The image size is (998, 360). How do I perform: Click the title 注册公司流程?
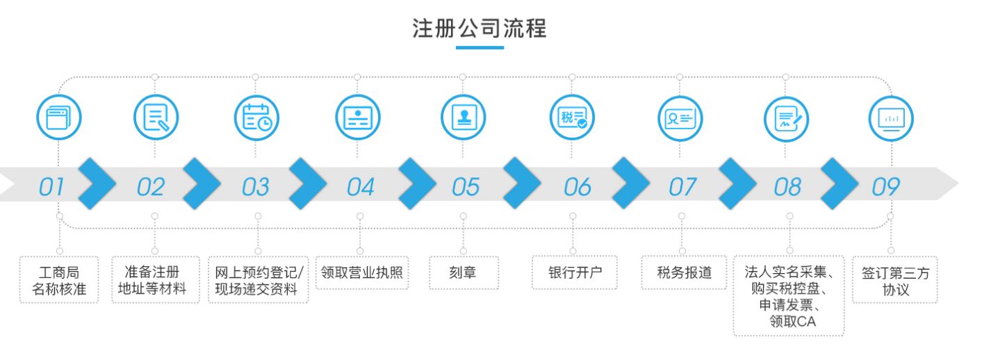pyautogui.click(x=480, y=28)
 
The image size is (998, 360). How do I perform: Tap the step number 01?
pyautogui.click(x=51, y=187)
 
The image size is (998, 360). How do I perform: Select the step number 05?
pyautogui.click(x=466, y=187)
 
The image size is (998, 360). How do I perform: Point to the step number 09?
pyautogui.click(x=885, y=187)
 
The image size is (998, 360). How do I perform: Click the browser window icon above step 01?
pyautogui.click(x=59, y=117)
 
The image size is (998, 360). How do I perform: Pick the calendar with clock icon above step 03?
pyautogui.click(x=256, y=117)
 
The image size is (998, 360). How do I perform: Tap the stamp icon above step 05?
pyautogui.click(x=464, y=117)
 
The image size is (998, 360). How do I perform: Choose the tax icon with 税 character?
pyautogui.click(x=572, y=117)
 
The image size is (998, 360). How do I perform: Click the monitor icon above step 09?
pyautogui.click(x=891, y=119)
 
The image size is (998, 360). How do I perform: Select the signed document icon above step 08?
pyautogui.click(x=786, y=119)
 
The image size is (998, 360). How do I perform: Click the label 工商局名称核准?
pyautogui.click(x=59, y=281)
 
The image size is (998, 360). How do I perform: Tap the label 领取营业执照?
pyautogui.click(x=362, y=272)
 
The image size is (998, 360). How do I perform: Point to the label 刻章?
pyautogui.click(x=463, y=272)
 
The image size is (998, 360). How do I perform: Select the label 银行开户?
pyautogui.click(x=575, y=272)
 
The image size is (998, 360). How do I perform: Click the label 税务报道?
pyautogui.click(x=685, y=272)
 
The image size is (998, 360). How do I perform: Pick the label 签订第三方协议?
pyautogui.click(x=896, y=281)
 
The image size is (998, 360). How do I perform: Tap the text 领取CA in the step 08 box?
pyautogui.click(x=792, y=321)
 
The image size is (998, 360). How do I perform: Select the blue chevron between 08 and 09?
pyautogui.click(x=840, y=183)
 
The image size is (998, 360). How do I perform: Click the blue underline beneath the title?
pyautogui.click(x=480, y=47)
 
